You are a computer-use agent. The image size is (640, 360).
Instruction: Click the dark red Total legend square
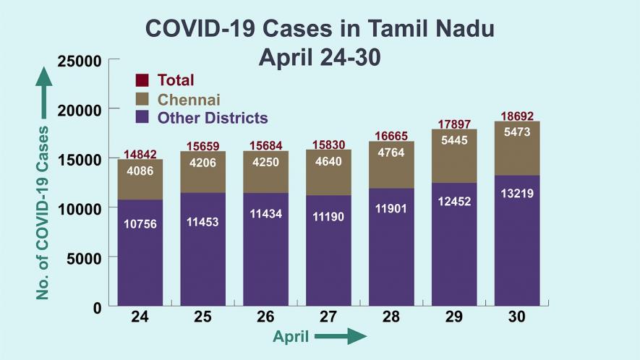(142, 80)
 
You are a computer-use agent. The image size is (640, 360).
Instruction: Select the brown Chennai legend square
(142, 99)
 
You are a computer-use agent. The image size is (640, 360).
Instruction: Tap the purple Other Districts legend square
(142, 118)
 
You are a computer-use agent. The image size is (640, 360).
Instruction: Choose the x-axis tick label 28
(391, 317)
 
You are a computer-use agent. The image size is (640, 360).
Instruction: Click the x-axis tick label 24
(140, 317)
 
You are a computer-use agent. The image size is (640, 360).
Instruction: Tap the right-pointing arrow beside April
(341, 336)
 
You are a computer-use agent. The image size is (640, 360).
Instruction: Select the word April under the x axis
(291, 337)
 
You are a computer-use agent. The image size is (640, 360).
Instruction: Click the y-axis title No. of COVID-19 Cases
(44, 213)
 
